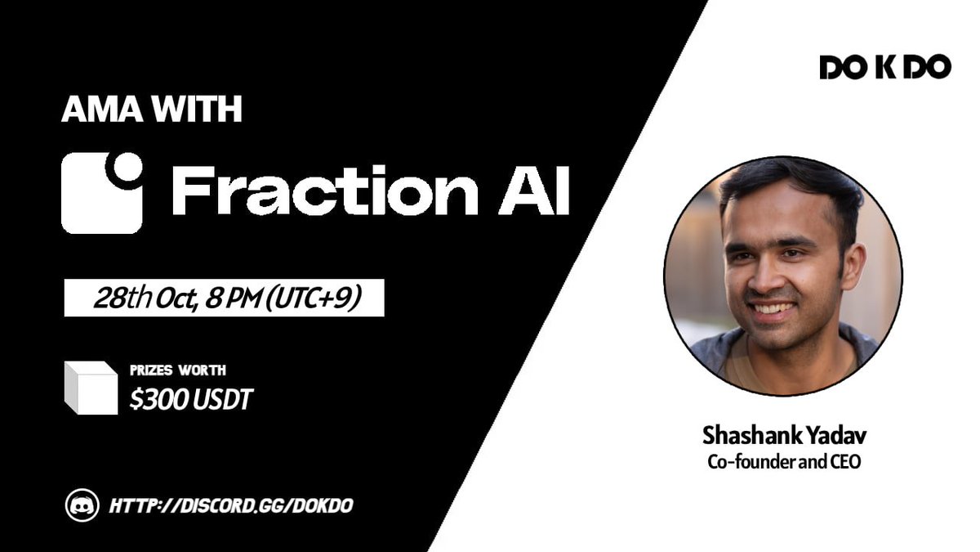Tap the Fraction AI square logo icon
point(102,192)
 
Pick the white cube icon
point(91,387)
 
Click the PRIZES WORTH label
point(178,370)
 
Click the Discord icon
point(82,505)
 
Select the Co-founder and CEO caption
point(783,460)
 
